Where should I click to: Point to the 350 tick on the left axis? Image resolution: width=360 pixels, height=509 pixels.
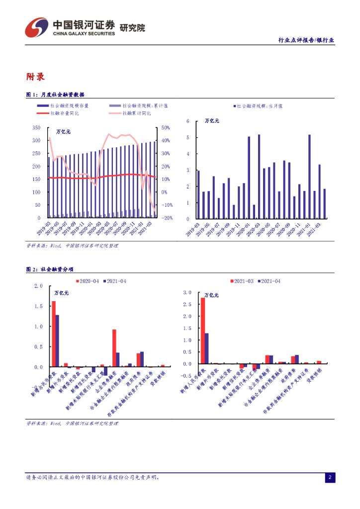coord(36,128)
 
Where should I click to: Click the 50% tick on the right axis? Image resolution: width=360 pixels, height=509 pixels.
coord(166,128)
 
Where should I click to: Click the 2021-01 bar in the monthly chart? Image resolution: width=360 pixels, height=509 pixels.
coord(309,176)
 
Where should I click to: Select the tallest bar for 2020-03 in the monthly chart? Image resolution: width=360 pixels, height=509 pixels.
coord(259,176)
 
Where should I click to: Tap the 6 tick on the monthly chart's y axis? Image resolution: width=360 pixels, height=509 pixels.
coord(188,121)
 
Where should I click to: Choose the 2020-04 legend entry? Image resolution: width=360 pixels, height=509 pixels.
coord(90,281)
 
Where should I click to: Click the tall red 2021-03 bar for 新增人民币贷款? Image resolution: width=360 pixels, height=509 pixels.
coord(202,331)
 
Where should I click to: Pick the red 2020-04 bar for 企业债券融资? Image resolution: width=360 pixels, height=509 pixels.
coord(114,348)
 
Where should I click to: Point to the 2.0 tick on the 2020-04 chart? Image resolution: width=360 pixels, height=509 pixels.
coord(39,286)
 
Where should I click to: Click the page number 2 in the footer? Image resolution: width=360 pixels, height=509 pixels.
coord(329,478)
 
